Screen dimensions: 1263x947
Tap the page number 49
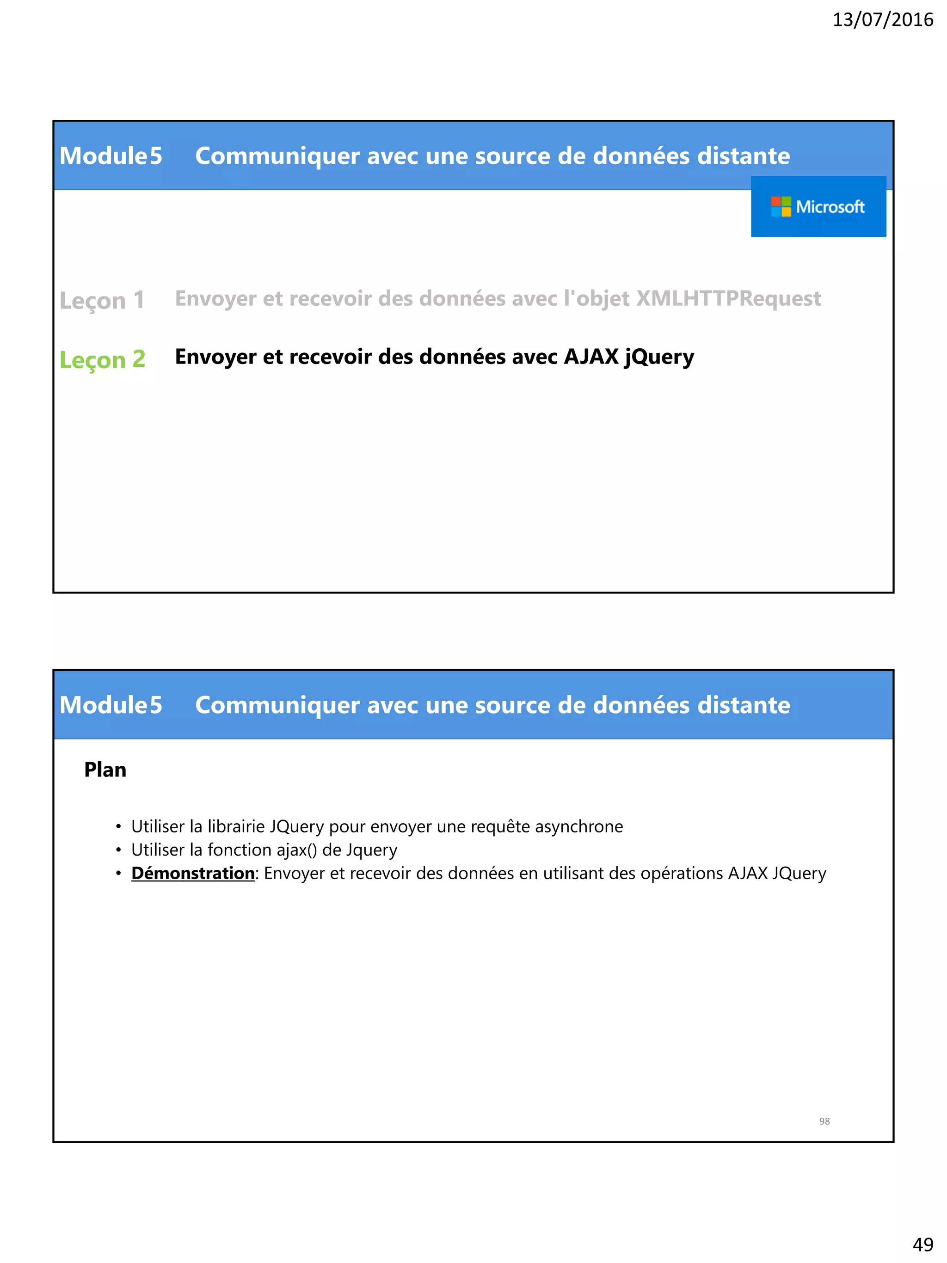[x=922, y=1244]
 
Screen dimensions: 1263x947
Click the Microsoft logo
[x=818, y=207]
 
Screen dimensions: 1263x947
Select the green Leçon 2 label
[x=103, y=360]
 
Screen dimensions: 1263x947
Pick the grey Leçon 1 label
[x=102, y=300]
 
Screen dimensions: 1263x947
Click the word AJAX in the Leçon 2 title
[x=591, y=357]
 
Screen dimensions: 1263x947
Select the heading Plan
[x=105, y=770]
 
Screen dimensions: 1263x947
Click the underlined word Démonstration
[x=193, y=874]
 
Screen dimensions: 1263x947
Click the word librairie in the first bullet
[x=236, y=827]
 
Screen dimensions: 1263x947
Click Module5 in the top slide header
[x=111, y=156]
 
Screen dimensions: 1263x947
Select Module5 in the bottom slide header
[x=111, y=705]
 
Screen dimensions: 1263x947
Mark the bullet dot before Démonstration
[x=118, y=874]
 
